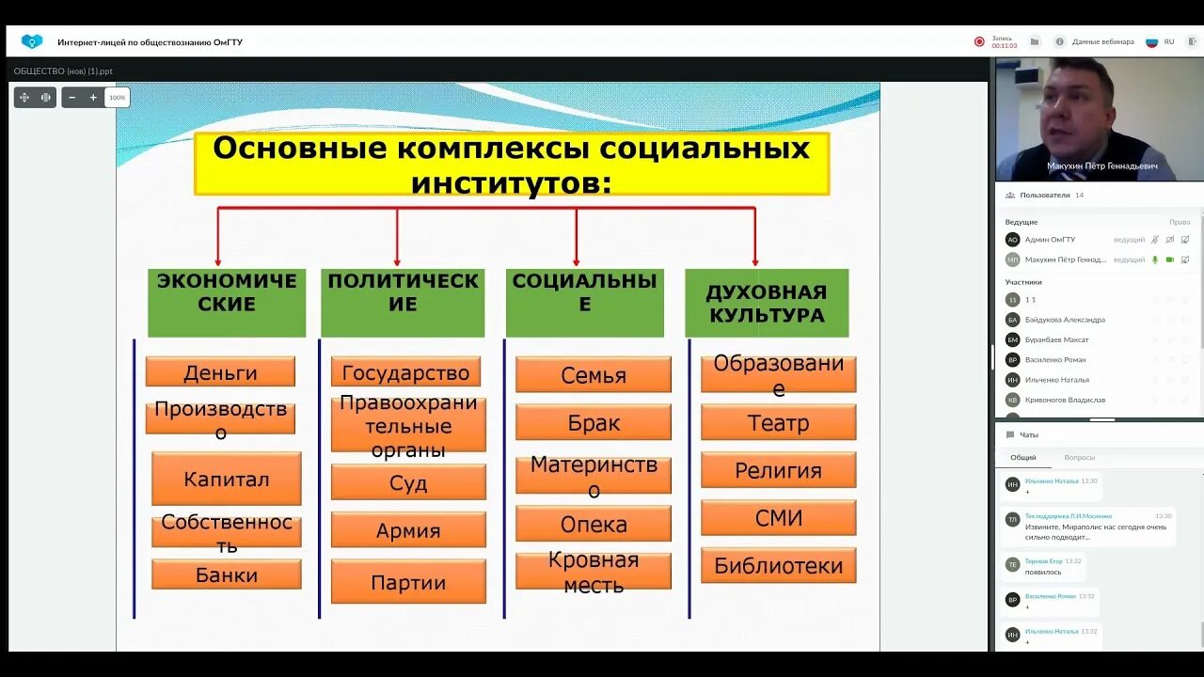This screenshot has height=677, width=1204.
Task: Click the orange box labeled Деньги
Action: click(220, 371)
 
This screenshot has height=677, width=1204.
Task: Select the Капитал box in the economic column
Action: click(227, 479)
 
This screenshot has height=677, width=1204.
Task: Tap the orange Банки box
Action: click(227, 575)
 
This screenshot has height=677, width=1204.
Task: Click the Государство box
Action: click(405, 372)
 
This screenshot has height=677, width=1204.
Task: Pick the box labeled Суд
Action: click(408, 482)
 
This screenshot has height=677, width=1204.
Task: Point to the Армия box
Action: click(408, 530)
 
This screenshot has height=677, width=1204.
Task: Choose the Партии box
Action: click(408, 582)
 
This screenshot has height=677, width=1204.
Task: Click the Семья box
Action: click(594, 375)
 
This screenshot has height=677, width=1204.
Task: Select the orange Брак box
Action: click(594, 423)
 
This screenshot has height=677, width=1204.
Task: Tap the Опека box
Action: click(594, 524)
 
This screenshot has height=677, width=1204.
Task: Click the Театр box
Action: click(778, 423)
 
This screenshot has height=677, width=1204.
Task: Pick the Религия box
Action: click(778, 470)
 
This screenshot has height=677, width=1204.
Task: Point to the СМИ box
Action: click(778, 518)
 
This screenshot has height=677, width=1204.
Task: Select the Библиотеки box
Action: click(778, 565)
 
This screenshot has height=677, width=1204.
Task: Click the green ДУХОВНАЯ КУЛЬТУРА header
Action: click(767, 303)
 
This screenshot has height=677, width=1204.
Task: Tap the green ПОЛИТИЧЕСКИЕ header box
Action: click(403, 303)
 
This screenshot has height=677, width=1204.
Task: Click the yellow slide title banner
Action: click(512, 164)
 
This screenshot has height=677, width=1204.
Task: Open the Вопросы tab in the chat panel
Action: click(1079, 458)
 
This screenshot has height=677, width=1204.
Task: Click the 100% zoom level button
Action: click(117, 98)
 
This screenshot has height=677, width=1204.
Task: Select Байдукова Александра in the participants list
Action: click(1065, 320)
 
